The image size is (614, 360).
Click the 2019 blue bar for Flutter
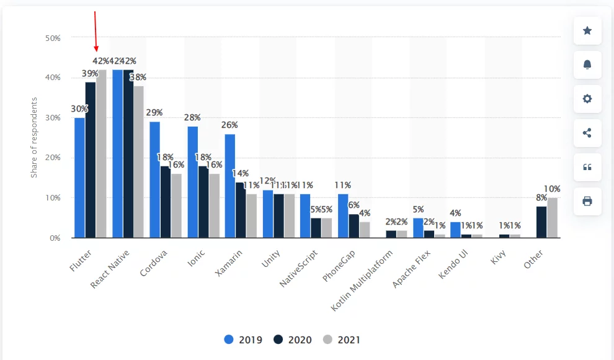(x=79, y=178)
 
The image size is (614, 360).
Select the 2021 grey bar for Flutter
(x=101, y=153)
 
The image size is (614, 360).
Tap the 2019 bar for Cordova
(x=154, y=179)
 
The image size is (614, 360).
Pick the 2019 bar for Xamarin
(x=229, y=186)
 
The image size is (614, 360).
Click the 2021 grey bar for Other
(x=552, y=217)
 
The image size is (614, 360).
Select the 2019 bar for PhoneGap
(x=342, y=215)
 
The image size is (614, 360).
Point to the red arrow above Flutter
(x=96, y=31)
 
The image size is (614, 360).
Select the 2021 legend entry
(x=341, y=340)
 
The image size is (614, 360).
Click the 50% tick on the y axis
(x=53, y=38)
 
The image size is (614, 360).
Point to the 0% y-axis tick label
(x=55, y=238)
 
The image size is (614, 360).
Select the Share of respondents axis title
(x=34, y=137)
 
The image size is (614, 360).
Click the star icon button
(x=587, y=30)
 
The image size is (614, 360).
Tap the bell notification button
(x=587, y=65)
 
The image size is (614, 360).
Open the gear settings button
(x=587, y=99)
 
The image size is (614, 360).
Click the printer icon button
(x=587, y=201)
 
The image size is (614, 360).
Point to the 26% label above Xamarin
(x=229, y=125)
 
